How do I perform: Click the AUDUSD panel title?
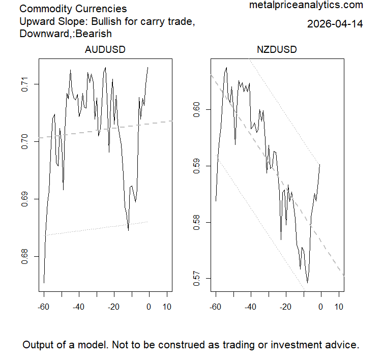[x=105, y=50]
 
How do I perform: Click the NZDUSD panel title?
[x=277, y=50]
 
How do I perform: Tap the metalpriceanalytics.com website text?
[x=306, y=6]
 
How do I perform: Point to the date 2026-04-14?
[x=335, y=24]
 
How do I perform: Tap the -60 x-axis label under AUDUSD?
[x=44, y=307]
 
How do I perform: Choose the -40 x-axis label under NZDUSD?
[x=250, y=307]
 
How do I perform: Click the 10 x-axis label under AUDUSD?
[x=166, y=307]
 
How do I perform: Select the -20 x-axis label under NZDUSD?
[x=285, y=307]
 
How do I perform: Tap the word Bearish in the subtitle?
[x=94, y=34]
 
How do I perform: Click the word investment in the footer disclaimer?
[x=277, y=345]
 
